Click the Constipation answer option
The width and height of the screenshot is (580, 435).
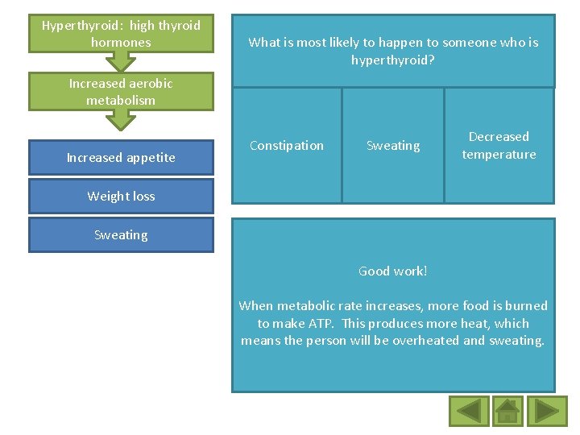(287, 146)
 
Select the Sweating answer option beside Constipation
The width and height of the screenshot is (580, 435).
(393, 146)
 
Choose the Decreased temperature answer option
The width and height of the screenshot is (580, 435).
(499, 146)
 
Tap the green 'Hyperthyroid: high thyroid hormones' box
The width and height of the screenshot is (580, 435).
(121, 34)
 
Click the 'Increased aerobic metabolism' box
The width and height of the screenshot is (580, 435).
(121, 92)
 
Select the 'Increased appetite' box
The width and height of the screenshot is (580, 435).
(121, 158)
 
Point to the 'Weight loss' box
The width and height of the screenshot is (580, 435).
(121, 197)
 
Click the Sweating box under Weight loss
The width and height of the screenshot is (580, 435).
(121, 235)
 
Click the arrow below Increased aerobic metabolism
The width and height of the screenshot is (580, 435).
(121, 120)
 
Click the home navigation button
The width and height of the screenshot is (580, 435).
(507, 411)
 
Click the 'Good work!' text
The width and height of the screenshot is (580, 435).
(393, 271)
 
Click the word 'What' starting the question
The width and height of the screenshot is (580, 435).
(263, 43)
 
